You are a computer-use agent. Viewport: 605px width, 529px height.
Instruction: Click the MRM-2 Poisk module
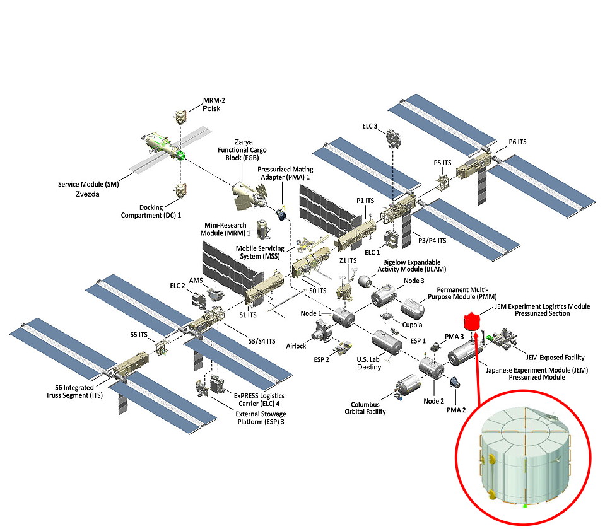(x=180, y=117)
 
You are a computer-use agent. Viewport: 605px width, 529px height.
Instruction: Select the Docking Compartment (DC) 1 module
(x=180, y=189)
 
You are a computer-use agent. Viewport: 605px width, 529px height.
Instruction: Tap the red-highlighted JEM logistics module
(x=469, y=322)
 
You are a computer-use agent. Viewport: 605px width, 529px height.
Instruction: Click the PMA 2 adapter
(x=454, y=381)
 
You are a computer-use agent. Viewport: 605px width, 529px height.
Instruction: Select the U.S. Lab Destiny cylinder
(x=386, y=344)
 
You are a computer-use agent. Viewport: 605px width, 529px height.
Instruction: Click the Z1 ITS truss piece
(x=345, y=291)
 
